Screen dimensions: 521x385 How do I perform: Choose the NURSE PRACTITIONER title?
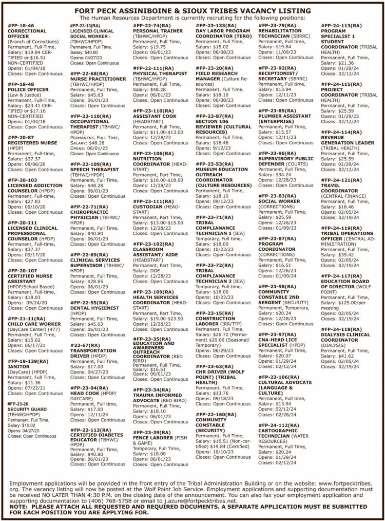pyautogui.click(x=98, y=79)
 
